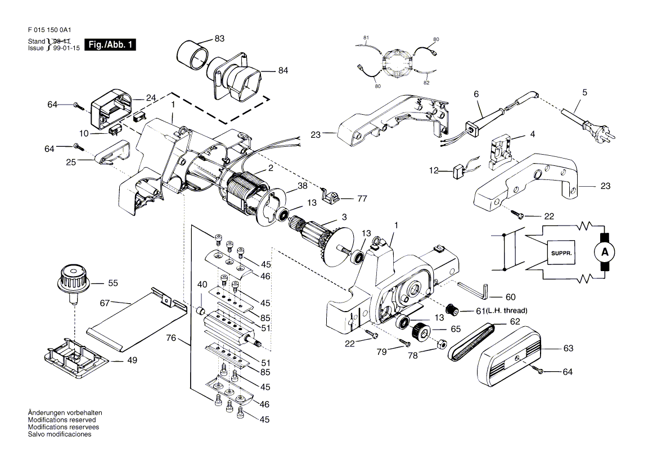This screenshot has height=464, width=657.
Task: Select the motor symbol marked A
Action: pyautogui.click(x=605, y=253)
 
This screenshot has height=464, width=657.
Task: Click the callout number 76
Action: pyautogui.click(x=171, y=338)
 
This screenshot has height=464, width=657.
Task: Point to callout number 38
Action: pyautogui.click(x=302, y=186)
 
